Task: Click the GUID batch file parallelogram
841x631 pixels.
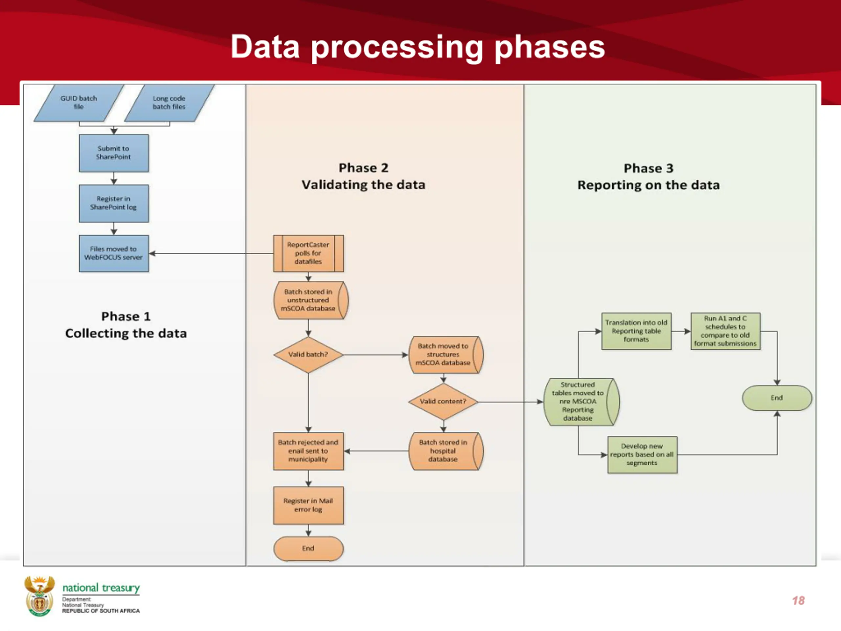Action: [79, 103]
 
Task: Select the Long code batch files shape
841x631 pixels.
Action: [169, 103]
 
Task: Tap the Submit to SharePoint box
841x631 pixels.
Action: [114, 153]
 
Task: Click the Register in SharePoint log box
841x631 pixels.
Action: [114, 203]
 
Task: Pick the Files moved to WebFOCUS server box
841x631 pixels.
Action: [114, 253]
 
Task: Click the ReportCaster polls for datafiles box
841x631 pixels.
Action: [308, 253]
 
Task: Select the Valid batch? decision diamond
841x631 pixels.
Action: [308, 355]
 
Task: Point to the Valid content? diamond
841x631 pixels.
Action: [443, 401]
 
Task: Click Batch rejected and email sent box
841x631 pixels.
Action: [308, 451]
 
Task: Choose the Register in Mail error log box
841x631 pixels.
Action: [308, 505]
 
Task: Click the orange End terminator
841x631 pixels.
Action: [308, 549]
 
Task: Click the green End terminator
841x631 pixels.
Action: [777, 398]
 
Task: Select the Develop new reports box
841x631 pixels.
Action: [642, 455]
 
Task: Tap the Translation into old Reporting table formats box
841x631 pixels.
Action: [636, 331]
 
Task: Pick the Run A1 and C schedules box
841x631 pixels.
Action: [725, 331]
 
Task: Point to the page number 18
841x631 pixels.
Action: [798, 600]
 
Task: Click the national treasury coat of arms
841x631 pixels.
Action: [39, 596]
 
